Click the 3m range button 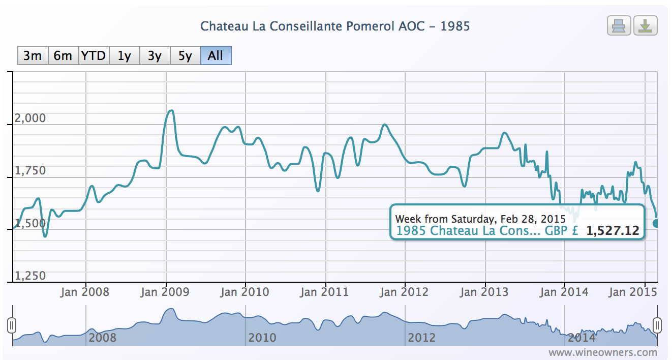coord(33,55)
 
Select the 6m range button coord(63,55)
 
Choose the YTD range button coord(94,55)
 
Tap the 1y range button coord(124,55)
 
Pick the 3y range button coord(155,55)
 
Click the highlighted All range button coord(216,55)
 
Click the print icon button coord(619,25)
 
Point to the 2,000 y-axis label coord(30,118)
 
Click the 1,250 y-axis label coord(30,276)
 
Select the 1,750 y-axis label coord(30,170)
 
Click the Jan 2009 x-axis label coord(165,292)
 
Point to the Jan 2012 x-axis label coord(405,292)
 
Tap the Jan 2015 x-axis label coord(630,292)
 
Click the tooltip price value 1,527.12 coord(612,231)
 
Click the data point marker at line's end coord(656,223)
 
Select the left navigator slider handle coord(12,324)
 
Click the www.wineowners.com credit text coord(602,352)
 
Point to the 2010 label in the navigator coord(262,337)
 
